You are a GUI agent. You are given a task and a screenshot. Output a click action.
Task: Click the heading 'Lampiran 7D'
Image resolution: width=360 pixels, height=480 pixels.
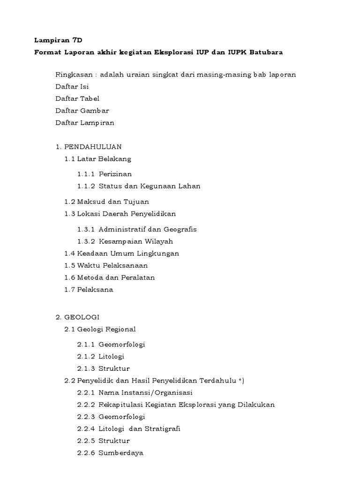coord(55,41)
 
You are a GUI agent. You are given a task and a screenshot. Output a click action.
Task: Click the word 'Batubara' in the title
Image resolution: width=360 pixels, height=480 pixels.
coord(266,52)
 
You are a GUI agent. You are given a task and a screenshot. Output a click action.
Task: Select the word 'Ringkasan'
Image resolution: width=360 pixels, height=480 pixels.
coord(73,75)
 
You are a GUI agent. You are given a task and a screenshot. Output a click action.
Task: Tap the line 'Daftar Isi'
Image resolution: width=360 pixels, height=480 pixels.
coord(72,87)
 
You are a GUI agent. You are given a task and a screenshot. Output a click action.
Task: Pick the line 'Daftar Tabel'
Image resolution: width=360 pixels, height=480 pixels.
coord(77,99)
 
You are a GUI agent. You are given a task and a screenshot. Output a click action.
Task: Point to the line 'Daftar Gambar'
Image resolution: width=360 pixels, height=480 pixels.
coord(82,111)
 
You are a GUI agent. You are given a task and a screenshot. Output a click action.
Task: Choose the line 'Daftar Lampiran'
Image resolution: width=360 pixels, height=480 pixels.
coord(84,123)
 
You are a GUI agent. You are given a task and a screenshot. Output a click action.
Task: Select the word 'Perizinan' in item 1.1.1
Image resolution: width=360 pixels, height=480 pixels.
coord(115,174)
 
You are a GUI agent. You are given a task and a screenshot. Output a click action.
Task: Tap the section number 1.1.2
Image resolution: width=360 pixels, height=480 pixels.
coord(86,186)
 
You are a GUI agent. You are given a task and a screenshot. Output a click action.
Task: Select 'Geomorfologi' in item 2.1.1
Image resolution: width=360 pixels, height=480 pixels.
coord(122,345)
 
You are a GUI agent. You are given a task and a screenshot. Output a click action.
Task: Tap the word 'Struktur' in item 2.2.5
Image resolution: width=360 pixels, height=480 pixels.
coord(114,441)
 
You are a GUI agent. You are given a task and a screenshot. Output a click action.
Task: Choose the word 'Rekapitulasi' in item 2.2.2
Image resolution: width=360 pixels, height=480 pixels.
coord(120,405)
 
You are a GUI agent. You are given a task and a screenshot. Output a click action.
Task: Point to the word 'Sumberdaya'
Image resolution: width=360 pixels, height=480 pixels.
coord(121,453)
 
